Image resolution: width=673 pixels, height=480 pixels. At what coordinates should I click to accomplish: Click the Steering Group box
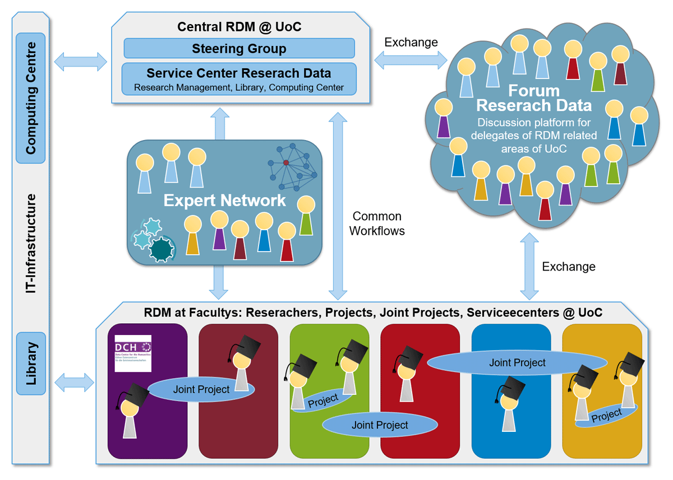pyautogui.click(x=239, y=48)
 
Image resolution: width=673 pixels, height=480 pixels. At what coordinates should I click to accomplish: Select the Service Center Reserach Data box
pyautogui.click(x=239, y=78)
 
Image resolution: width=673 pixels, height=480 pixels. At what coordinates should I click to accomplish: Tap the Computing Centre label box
pyautogui.click(x=31, y=98)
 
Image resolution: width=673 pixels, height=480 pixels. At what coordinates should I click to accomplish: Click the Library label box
pyautogui.click(x=31, y=364)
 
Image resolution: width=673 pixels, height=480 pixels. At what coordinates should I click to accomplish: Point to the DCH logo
pyautogui.click(x=133, y=350)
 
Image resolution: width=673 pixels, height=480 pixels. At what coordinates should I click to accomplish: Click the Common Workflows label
pyautogui.click(x=377, y=223)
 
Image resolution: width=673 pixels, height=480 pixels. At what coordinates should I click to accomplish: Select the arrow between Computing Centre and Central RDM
pyautogui.click(x=81, y=62)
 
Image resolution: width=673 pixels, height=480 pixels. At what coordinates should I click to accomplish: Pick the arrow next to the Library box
pyautogui.click(x=74, y=383)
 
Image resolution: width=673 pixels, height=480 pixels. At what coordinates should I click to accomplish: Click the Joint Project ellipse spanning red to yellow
pyautogui.click(x=517, y=362)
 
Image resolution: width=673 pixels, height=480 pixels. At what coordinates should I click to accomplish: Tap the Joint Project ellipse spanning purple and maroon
pyautogui.click(x=201, y=389)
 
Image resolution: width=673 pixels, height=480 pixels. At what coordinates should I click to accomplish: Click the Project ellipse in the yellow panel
pyautogui.click(x=606, y=415)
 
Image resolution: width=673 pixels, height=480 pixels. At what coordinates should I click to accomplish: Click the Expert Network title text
pyautogui.click(x=224, y=201)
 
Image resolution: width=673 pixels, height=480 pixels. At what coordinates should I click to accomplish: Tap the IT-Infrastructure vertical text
pyautogui.click(x=31, y=243)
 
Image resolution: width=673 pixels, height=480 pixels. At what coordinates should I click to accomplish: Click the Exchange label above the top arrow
pyautogui.click(x=411, y=42)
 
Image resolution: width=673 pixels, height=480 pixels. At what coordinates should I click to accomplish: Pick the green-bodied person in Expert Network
pyautogui.click(x=306, y=216)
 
